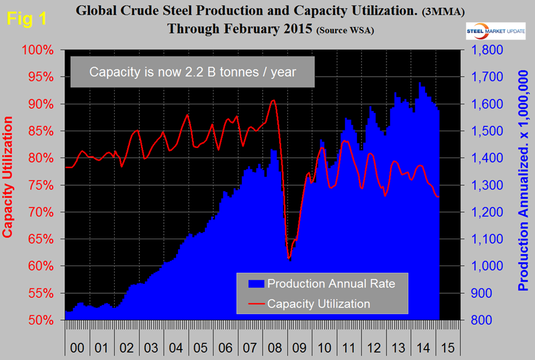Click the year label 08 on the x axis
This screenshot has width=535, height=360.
click(x=275, y=347)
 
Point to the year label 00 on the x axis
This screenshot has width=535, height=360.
click(x=77, y=347)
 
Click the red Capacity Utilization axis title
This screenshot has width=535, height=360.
click(x=9, y=185)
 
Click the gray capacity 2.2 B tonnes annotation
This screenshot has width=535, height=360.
click(x=193, y=72)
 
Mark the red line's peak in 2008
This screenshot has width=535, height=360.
click(x=274, y=100)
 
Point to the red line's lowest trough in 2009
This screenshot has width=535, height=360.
click(x=288, y=258)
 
